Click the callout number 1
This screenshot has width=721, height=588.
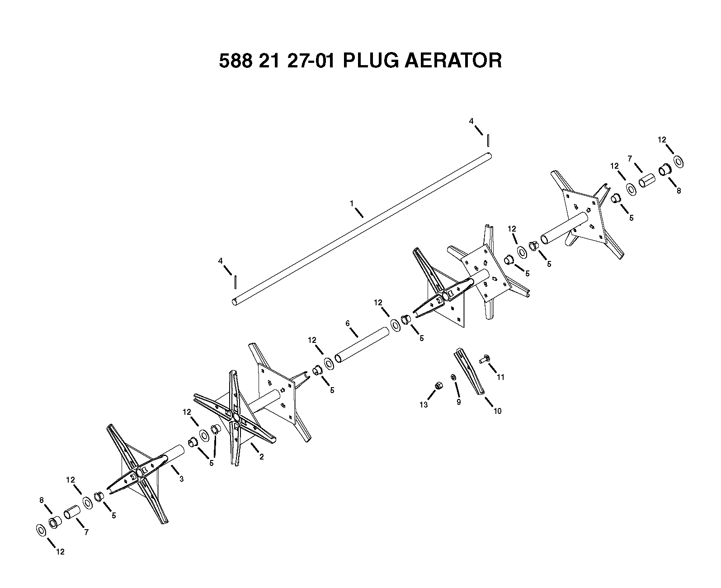click(x=352, y=203)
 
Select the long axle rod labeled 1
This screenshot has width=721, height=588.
click(x=362, y=229)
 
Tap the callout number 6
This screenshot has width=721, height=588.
click(x=347, y=323)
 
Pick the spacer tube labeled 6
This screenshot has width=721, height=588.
click(x=362, y=345)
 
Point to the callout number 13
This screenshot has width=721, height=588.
click(x=424, y=405)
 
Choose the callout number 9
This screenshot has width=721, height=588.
click(x=459, y=402)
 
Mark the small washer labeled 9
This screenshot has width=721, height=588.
click(x=453, y=377)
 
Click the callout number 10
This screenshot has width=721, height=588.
click(x=497, y=411)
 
